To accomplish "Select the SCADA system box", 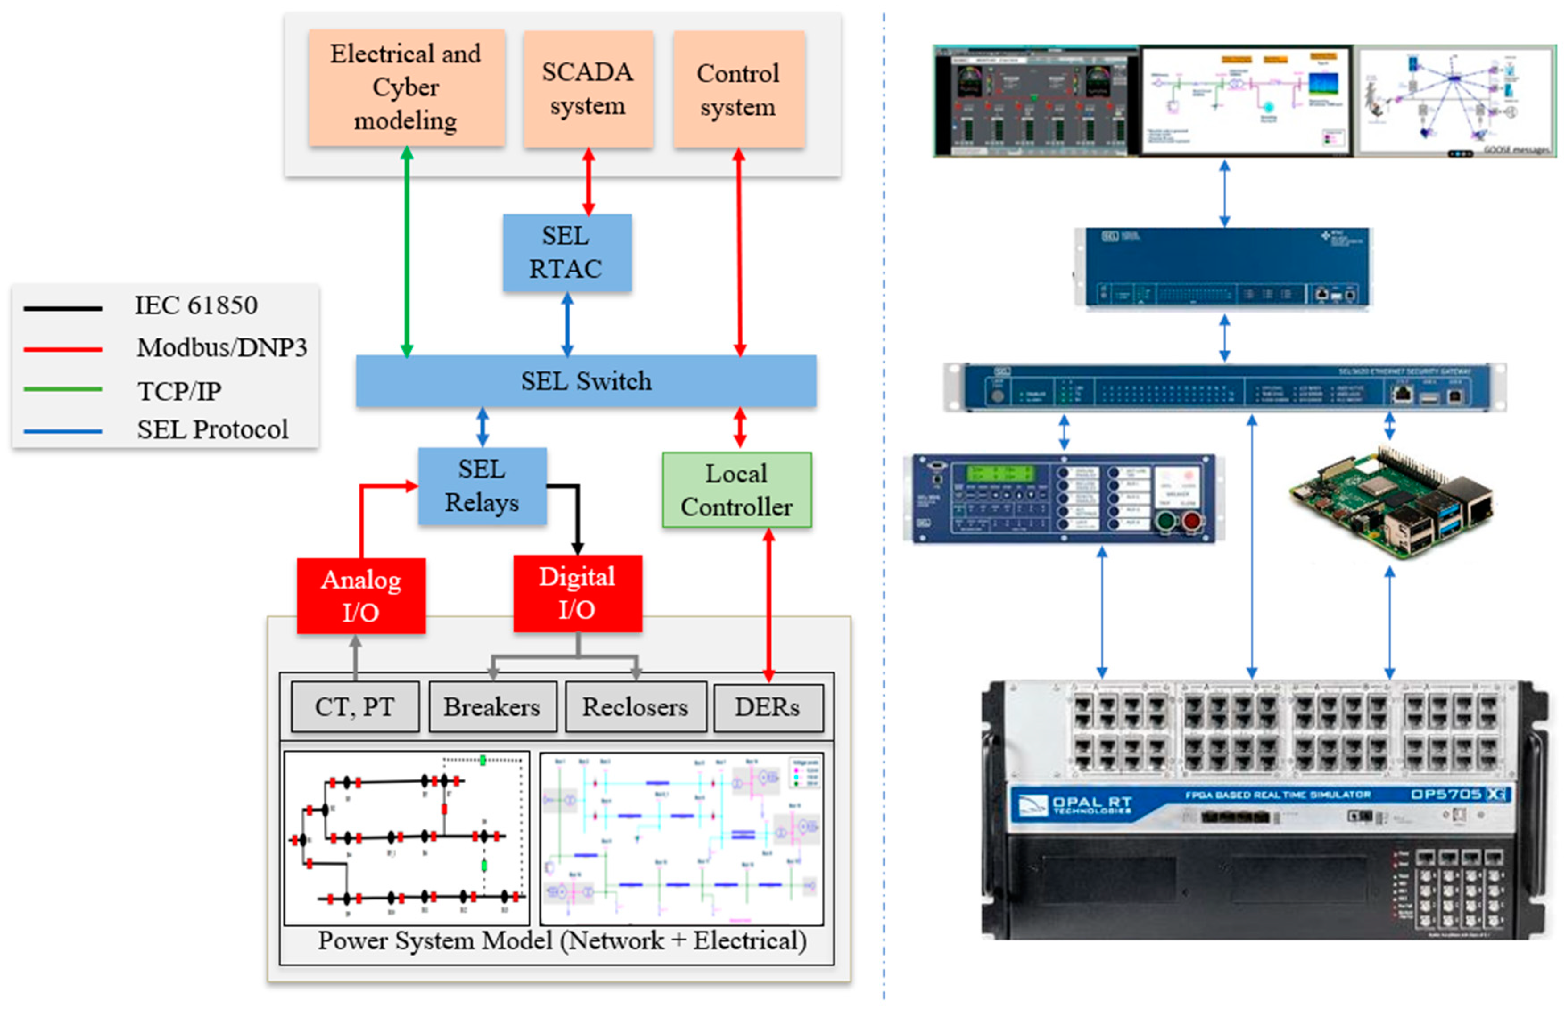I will click(588, 89).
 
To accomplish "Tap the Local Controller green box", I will click(736, 490).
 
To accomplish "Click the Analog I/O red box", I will click(360, 596).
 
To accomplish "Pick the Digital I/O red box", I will click(577, 593).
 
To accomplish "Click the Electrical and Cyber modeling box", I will click(406, 87).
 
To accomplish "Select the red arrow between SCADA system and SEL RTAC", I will click(589, 181).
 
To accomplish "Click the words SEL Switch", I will click(586, 381).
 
